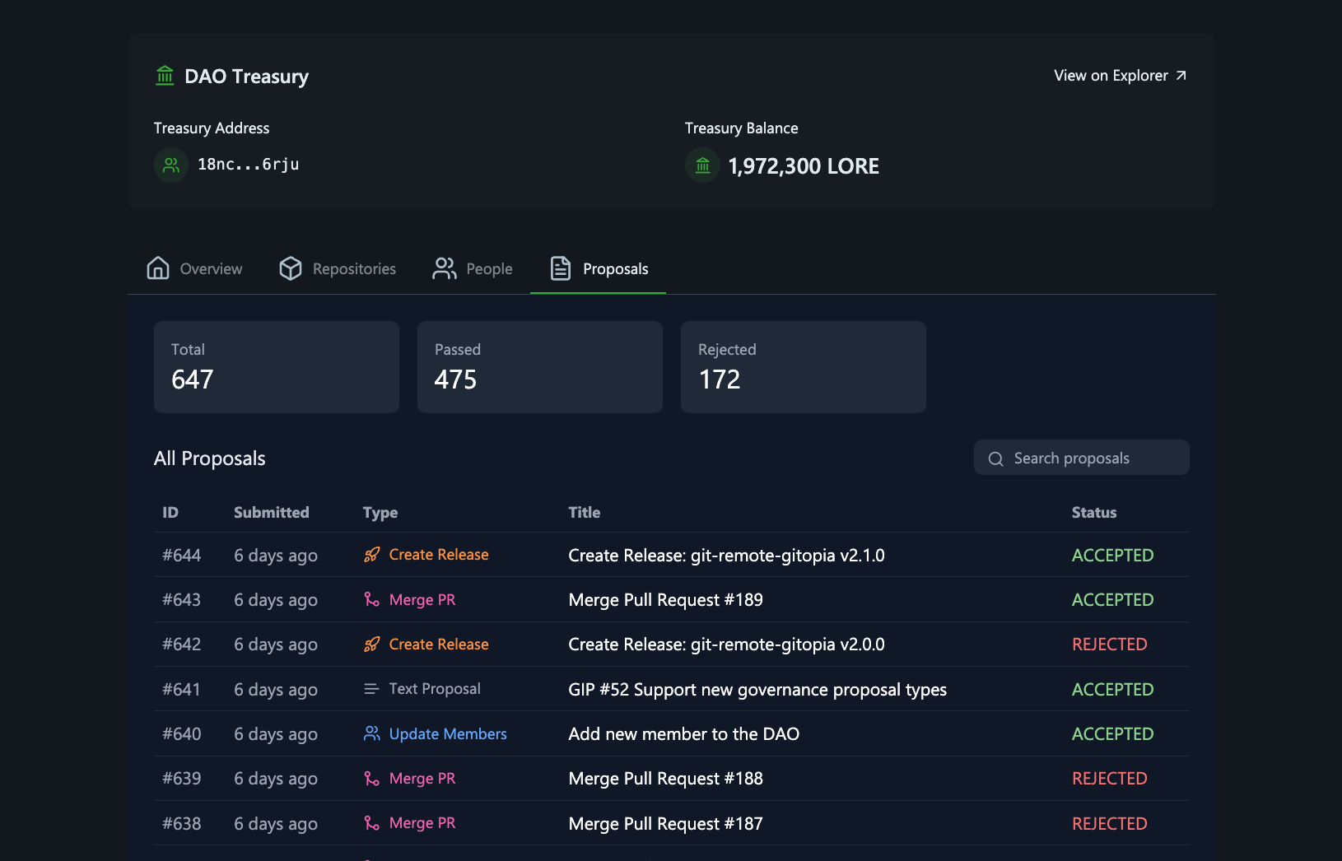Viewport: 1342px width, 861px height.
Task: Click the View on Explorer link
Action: (x=1120, y=76)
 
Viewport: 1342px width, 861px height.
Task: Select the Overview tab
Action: (x=195, y=269)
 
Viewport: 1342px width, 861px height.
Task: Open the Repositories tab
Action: (x=338, y=269)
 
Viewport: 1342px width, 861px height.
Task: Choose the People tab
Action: (x=473, y=269)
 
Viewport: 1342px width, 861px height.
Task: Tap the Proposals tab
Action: (x=599, y=269)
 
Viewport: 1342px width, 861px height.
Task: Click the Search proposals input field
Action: (x=1081, y=458)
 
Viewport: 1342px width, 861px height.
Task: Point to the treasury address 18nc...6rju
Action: (x=248, y=165)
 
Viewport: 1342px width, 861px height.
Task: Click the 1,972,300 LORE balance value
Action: (x=803, y=166)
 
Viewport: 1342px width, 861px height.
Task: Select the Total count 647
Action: (x=193, y=379)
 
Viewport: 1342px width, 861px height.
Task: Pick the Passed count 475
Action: (x=455, y=379)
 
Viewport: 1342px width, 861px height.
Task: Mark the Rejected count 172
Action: (x=720, y=379)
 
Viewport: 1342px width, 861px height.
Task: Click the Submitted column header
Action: (x=271, y=513)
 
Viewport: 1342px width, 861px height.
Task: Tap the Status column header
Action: (x=1093, y=513)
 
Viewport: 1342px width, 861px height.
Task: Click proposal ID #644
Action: (x=182, y=556)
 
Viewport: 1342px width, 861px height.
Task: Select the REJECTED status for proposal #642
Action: (x=1109, y=645)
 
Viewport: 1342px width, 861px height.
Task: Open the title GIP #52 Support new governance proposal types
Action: (x=757, y=690)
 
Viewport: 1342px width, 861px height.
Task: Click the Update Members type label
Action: (x=447, y=734)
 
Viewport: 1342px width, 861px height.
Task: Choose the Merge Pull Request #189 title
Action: (x=665, y=600)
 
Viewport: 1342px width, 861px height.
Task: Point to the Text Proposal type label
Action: (x=434, y=689)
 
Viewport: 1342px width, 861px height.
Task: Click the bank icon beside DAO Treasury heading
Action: (x=165, y=76)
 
